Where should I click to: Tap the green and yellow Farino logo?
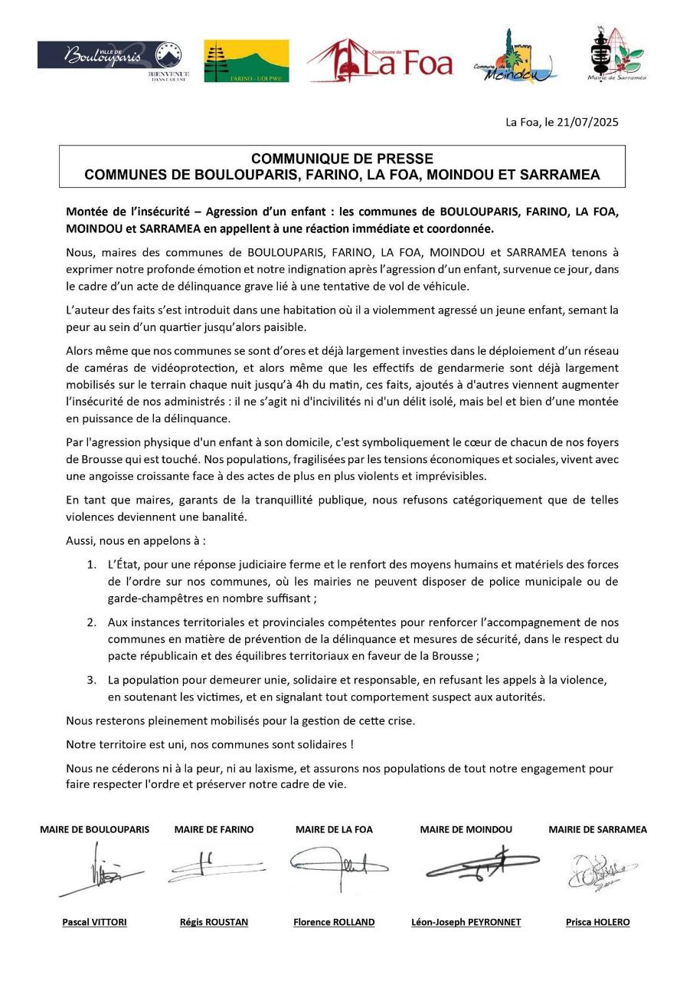click(x=247, y=61)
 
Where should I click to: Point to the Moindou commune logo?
click(x=515, y=57)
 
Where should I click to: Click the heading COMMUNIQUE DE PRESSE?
click(x=342, y=159)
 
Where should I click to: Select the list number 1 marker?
click(x=91, y=565)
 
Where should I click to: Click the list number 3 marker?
click(x=91, y=680)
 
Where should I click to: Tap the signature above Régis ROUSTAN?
click(x=212, y=866)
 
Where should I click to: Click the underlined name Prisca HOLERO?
click(x=597, y=922)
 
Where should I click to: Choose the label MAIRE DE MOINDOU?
click(x=466, y=829)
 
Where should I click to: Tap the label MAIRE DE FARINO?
click(x=214, y=829)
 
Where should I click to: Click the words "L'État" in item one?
click(x=124, y=565)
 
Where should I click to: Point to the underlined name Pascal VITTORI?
click(x=94, y=922)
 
